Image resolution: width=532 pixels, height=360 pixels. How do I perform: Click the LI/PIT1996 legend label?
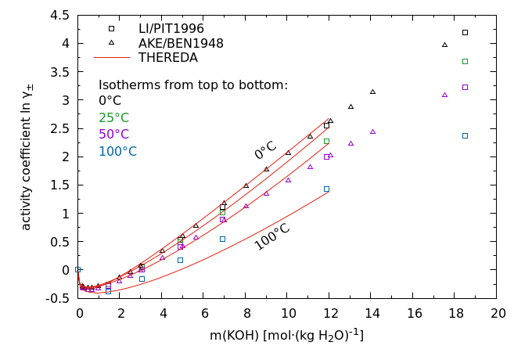coord(171,29)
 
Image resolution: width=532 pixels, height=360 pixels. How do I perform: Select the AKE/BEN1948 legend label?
coord(181,43)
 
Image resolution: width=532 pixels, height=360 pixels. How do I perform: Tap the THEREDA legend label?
coord(167,57)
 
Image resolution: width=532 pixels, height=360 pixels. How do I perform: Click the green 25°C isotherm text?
coord(113,117)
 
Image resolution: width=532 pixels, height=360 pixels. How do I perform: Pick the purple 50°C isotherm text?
coord(113,135)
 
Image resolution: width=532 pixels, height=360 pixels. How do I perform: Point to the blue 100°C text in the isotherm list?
coord(117,152)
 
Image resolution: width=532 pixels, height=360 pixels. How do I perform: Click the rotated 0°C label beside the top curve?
coord(265,149)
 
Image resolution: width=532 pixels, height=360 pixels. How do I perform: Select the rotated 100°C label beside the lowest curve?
coord(272,236)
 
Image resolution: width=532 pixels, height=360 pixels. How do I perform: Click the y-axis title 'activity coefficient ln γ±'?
coord(27,157)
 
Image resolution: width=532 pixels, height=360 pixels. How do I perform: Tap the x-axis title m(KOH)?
coord(286,335)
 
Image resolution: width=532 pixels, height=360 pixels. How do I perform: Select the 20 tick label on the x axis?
coord(498,313)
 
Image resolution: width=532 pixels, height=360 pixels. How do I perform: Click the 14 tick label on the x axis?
coord(372,313)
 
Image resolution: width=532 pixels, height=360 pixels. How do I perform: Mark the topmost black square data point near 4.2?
coord(465,32)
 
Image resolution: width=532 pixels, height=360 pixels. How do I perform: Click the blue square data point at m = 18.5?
coord(465,135)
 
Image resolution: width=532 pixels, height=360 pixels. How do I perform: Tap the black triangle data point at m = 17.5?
coord(444,45)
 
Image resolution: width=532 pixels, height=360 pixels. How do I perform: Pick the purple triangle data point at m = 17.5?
coord(444,95)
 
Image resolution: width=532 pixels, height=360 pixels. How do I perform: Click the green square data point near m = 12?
coord(326,141)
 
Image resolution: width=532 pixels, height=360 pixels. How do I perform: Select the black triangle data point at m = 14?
coord(372,92)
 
